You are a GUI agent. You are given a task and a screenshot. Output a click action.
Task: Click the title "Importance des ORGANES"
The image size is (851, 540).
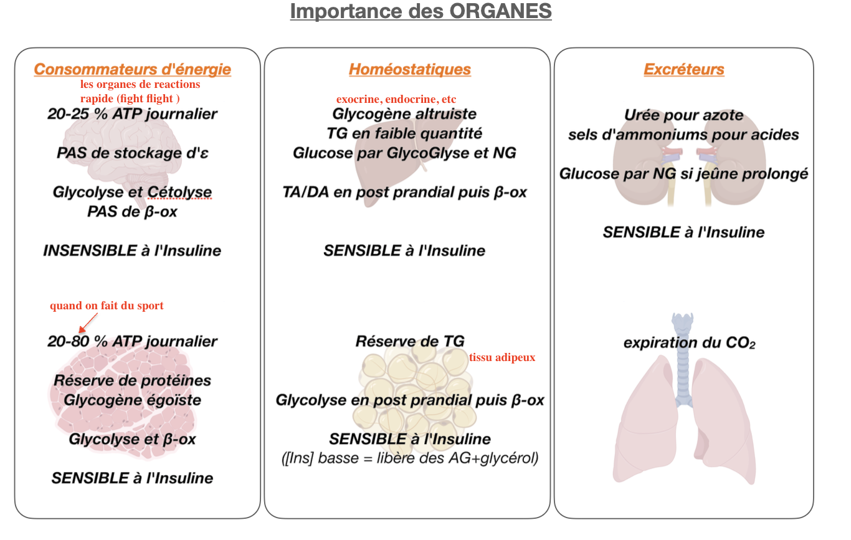421,12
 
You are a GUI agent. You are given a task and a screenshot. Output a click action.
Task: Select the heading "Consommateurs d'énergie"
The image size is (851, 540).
132,69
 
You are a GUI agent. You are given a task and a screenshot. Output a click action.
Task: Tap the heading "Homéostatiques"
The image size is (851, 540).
409,69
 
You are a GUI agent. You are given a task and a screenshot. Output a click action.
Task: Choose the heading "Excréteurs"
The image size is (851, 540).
683,69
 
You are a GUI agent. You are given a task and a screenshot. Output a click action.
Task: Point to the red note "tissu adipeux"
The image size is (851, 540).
502,358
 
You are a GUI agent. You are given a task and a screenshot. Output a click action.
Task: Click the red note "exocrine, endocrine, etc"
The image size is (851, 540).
396,100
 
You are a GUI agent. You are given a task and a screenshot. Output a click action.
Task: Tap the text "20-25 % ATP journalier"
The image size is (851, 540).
132,114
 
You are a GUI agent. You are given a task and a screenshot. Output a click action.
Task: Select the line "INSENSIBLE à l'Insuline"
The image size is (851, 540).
132,251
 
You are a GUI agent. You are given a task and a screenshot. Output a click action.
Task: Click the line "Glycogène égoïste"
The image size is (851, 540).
132,400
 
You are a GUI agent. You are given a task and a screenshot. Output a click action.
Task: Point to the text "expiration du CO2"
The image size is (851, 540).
689,343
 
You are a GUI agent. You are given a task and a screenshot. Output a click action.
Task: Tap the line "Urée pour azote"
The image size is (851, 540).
683,115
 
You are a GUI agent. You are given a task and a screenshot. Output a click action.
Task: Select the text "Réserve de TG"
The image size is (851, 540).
409,342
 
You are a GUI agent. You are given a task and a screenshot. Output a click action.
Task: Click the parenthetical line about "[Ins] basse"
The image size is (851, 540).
409,458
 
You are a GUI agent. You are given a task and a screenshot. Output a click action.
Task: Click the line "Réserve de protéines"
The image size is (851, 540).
132,380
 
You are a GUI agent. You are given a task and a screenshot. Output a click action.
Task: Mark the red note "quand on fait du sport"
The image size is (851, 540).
107,306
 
